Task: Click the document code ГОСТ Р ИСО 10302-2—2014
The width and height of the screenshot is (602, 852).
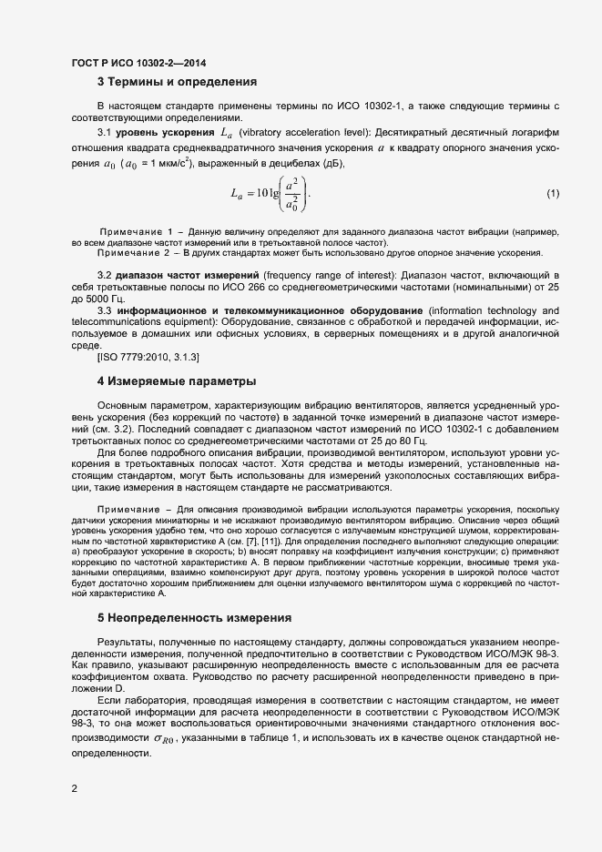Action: pos(138,63)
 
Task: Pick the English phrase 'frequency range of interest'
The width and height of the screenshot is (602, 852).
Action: pos(331,275)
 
